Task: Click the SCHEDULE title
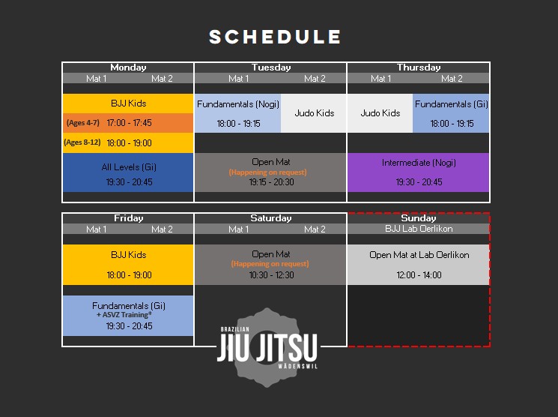click(275, 37)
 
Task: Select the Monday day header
click(128, 67)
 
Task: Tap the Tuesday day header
click(271, 67)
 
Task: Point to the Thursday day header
click(419, 67)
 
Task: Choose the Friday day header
click(128, 218)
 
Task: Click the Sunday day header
click(419, 218)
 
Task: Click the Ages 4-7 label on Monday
click(82, 122)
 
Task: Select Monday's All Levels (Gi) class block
click(128, 173)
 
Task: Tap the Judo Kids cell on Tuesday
click(314, 113)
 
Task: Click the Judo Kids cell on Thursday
click(380, 113)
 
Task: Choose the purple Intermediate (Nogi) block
click(419, 172)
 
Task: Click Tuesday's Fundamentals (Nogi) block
click(237, 112)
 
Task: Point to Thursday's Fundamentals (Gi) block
click(451, 112)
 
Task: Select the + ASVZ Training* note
click(128, 316)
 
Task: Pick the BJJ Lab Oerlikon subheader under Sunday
click(419, 229)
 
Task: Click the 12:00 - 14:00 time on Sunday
click(419, 275)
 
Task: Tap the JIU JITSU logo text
click(267, 348)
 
